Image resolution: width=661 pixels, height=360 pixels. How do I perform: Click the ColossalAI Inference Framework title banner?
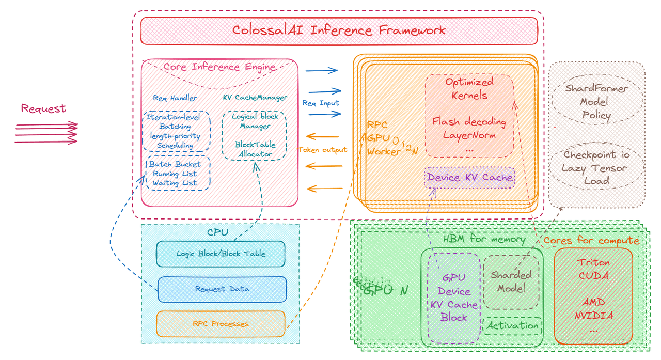point(339,30)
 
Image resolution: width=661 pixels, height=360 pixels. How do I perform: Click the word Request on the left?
point(43,108)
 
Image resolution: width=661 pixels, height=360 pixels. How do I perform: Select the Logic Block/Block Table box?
point(221,254)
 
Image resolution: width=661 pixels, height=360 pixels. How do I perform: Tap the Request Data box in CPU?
point(222,289)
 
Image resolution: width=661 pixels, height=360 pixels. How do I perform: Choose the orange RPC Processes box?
point(221,324)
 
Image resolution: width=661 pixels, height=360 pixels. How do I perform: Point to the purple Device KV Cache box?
point(469,178)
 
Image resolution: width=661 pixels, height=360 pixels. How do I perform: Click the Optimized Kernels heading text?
point(469,88)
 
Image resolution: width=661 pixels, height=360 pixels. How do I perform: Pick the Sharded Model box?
point(511,282)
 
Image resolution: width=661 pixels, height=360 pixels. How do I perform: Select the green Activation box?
point(512,326)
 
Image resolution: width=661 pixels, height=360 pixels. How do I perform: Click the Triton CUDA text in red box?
point(593,269)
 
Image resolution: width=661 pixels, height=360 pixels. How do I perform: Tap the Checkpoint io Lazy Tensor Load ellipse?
point(596,167)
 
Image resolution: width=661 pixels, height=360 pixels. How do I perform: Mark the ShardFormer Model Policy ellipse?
point(596,102)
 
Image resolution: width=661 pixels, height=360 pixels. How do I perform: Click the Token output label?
point(323,150)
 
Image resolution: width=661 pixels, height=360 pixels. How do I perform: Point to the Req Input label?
point(321,103)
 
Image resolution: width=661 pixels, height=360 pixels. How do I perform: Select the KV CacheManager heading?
point(255,97)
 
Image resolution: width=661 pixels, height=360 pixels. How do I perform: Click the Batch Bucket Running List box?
point(178,174)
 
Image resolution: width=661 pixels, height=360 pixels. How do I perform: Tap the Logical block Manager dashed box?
point(255,135)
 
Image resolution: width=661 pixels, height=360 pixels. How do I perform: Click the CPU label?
point(217,232)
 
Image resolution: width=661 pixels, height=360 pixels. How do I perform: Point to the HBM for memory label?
point(484,239)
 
